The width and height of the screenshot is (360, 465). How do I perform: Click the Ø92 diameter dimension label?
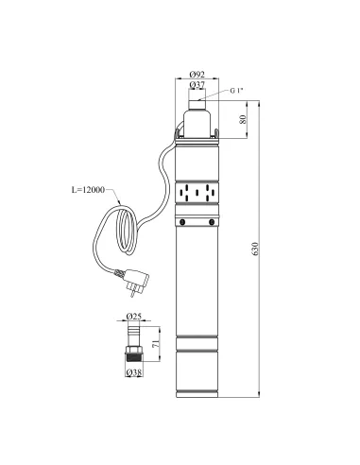[x=197, y=75]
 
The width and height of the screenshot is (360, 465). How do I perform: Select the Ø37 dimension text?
[x=197, y=84]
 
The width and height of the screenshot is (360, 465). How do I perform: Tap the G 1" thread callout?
[x=236, y=91]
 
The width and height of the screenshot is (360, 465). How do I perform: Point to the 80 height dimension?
[x=243, y=119]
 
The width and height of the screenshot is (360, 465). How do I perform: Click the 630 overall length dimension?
[x=255, y=249]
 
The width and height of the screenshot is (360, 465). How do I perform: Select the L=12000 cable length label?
[x=88, y=190]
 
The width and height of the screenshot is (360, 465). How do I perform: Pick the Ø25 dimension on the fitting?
[x=134, y=316]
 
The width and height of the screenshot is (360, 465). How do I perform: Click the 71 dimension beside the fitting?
[x=156, y=344]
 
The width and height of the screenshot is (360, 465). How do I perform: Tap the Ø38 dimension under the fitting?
[x=134, y=372]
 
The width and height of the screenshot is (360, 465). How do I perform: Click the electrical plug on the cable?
[x=135, y=281]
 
